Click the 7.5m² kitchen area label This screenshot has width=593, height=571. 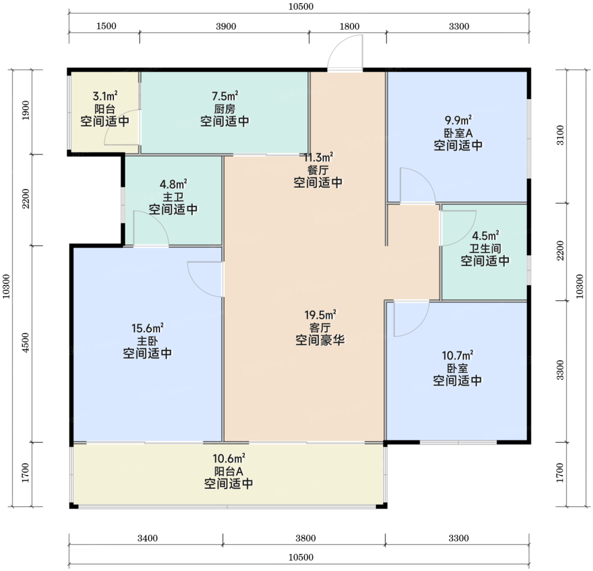pos(225,96)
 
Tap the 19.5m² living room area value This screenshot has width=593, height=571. pos(321,314)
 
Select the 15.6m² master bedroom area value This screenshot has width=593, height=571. pos(147,328)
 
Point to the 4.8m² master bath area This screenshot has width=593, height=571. pos(173,184)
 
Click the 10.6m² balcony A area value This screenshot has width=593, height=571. pos(229,458)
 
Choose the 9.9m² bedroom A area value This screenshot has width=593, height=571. pos(458,120)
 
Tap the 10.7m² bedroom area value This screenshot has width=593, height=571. pos(458,355)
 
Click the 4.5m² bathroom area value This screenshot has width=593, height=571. pos(485,236)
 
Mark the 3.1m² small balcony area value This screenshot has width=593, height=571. pos(105,96)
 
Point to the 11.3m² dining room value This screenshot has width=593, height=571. pos(319,157)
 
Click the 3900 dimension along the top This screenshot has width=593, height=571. pos(226,27)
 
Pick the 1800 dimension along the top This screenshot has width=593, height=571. pos(349,27)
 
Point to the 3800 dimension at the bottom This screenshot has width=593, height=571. pos(306,538)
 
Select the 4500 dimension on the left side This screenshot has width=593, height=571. pos(25,343)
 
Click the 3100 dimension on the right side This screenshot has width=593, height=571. pos(560,135)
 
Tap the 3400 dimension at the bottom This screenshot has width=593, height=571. pos(147,538)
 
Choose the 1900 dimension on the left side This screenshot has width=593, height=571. pos(25,110)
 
